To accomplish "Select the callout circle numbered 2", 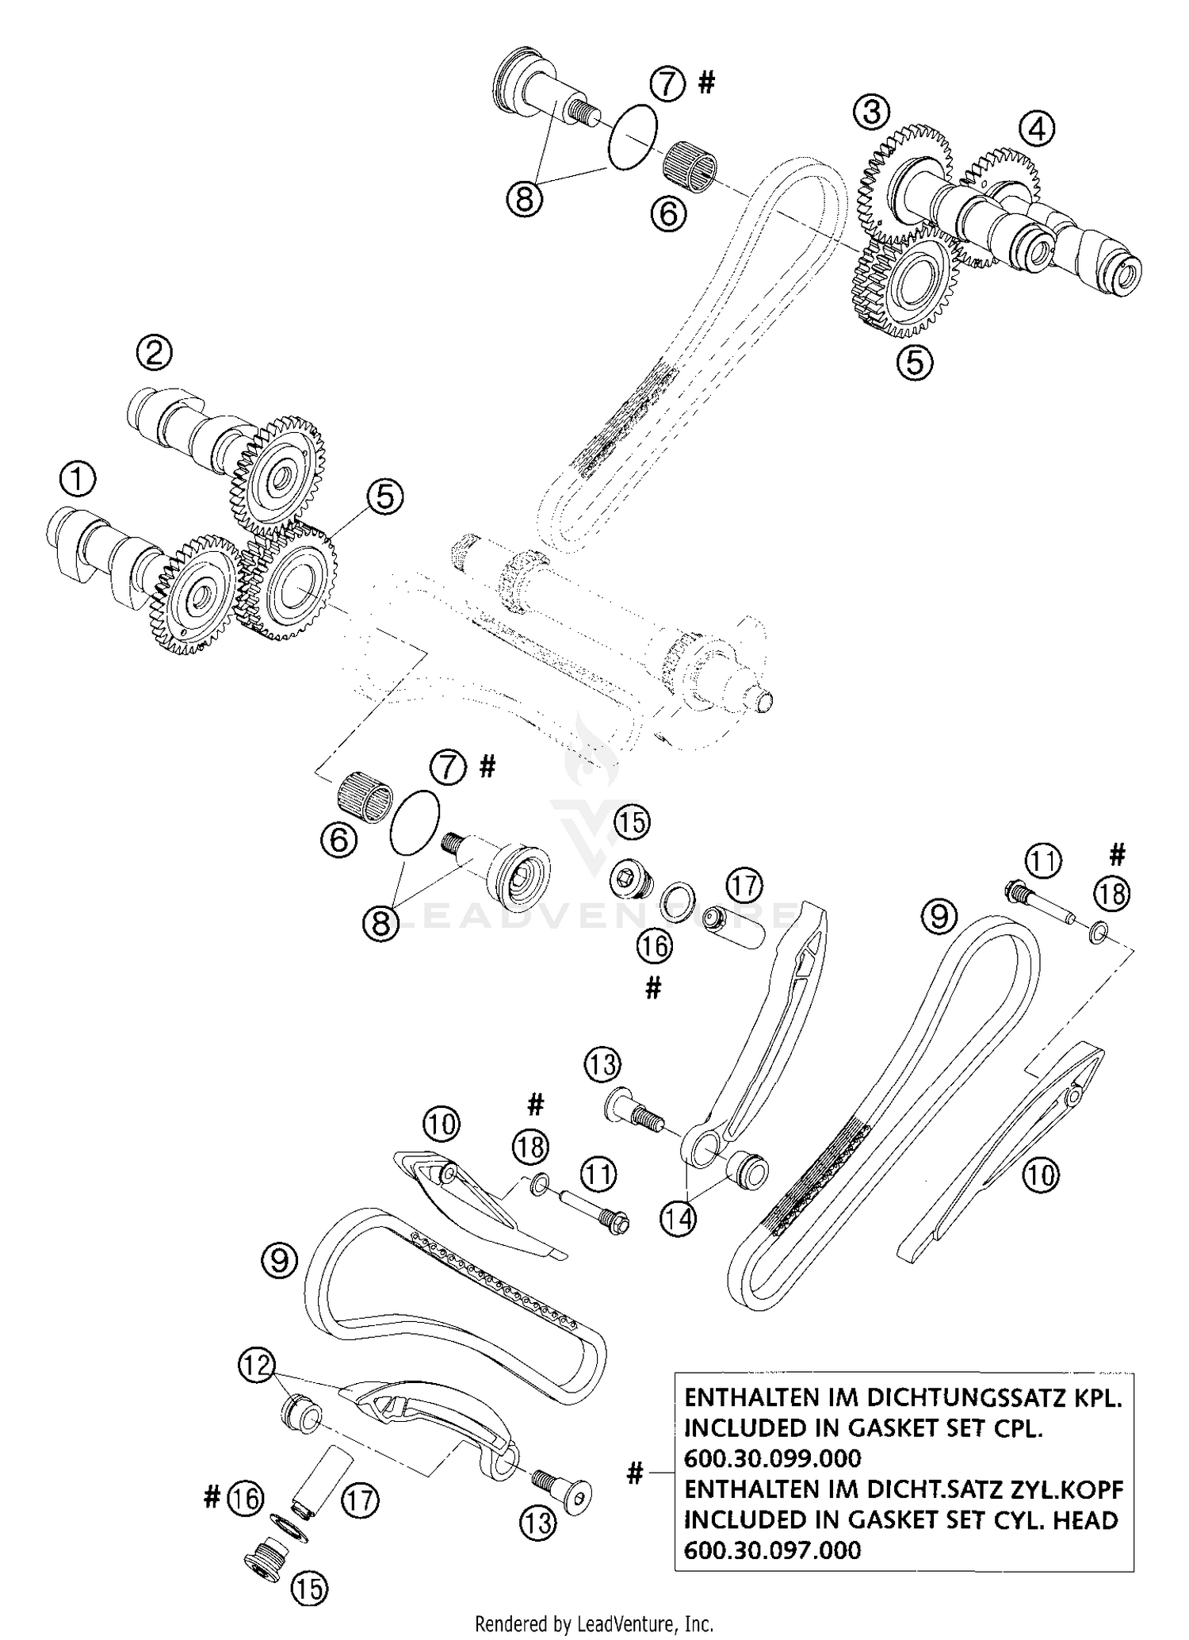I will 154,351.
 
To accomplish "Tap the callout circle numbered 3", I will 871,112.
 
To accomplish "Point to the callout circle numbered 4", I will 1037,128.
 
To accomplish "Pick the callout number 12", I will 256,1364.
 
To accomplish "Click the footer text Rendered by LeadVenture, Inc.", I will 594,1623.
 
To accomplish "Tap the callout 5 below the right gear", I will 915,362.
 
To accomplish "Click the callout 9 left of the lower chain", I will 279,1260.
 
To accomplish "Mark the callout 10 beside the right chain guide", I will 1041,1174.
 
